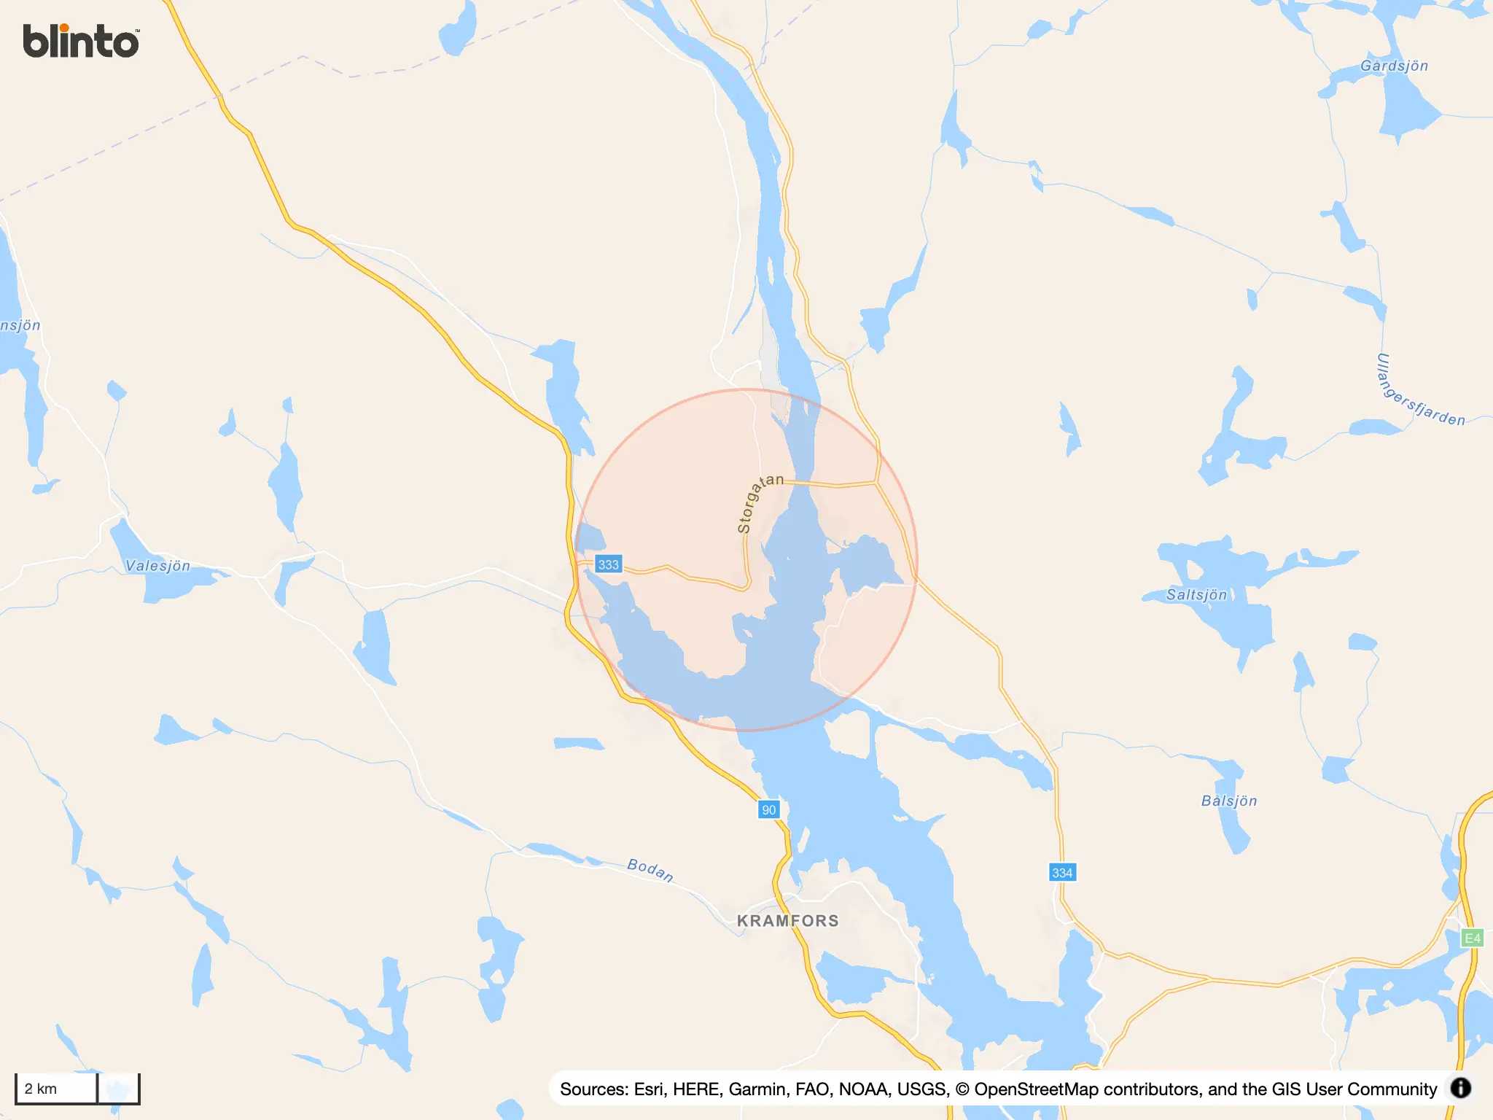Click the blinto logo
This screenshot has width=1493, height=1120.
81,41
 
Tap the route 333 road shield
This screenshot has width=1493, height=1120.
608,564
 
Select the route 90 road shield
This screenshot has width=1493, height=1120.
768,809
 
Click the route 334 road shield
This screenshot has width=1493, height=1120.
1062,873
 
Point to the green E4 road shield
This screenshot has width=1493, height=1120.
1472,938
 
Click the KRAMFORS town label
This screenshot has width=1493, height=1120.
787,921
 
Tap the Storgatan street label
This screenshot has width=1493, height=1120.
758,502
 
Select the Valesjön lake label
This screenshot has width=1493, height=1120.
157,566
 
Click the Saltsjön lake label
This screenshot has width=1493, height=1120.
1196,595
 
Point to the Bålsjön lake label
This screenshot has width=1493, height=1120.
1229,801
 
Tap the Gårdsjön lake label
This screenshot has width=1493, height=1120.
1394,66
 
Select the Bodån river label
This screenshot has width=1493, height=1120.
650,869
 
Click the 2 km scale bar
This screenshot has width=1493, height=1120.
57,1089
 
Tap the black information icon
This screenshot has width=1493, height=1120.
1460,1088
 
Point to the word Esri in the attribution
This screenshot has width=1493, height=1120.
649,1089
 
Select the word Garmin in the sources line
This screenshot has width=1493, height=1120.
757,1089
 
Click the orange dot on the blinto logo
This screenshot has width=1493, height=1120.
64,28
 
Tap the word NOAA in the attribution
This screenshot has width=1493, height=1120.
865,1089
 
